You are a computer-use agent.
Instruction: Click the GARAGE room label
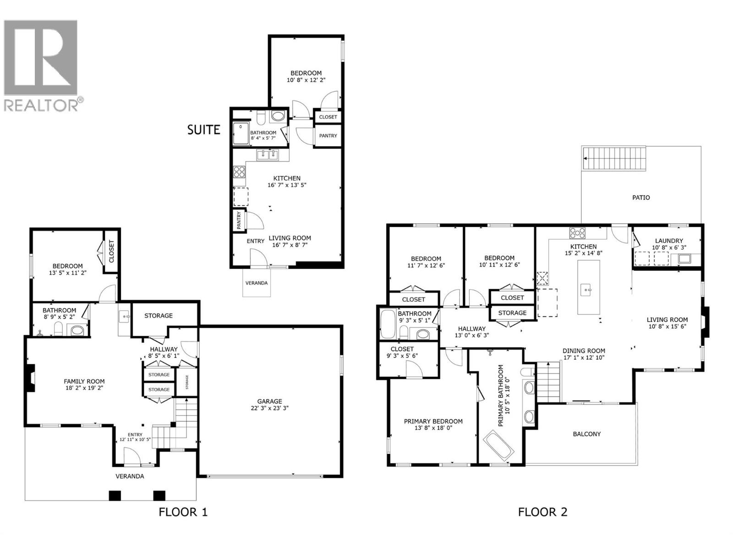coord(269,401)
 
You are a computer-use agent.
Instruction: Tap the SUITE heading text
coord(204,130)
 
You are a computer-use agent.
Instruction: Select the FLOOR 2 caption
coord(542,512)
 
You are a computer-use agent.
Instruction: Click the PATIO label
coord(641,198)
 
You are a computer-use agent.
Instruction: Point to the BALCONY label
coord(586,434)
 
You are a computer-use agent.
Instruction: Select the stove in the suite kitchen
coord(239,172)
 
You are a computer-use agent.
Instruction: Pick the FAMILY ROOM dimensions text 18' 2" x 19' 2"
coord(84,388)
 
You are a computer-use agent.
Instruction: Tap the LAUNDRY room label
coord(668,241)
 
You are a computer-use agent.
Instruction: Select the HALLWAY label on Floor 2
coord(471,329)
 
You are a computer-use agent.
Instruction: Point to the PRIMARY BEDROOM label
coord(433,421)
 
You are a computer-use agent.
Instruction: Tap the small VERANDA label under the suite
coord(256,283)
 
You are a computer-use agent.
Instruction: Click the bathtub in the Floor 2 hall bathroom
coord(388,324)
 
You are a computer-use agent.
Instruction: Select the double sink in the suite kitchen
coord(268,155)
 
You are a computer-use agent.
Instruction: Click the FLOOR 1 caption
coord(183,512)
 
